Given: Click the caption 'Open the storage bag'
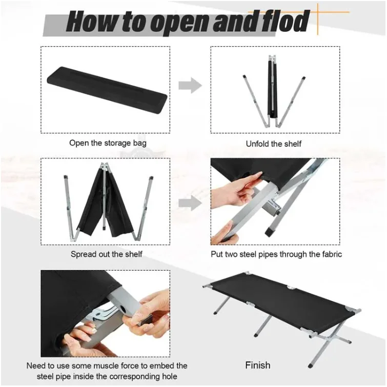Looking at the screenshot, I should [x=108, y=143].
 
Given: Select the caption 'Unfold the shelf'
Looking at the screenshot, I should [x=274, y=144].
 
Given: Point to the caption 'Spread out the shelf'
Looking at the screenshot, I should [x=106, y=254].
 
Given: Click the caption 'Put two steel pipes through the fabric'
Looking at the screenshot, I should [x=276, y=254].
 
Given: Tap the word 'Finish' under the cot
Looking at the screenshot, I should [x=258, y=365].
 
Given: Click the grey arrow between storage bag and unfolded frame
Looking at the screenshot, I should [x=190, y=85].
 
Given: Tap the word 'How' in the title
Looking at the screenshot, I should [x=88, y=22].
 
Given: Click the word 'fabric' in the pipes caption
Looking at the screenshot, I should [x=330, y=254].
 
